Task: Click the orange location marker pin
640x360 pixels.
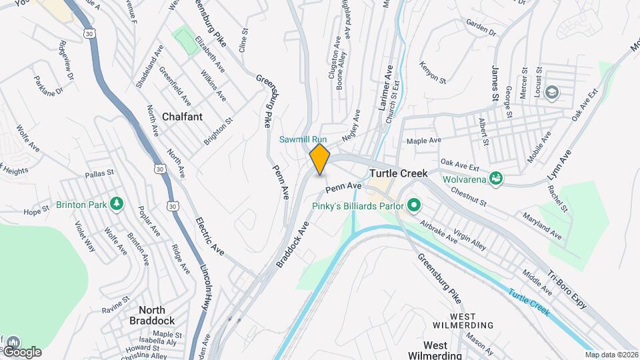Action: pyautogui.click(x=320, y=159)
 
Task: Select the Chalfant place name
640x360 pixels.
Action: pyautogui.click(x=182, y=116)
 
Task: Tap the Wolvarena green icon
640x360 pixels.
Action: pyautogui.click(x=495, y=178)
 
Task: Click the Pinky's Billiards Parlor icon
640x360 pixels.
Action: pyautogui.click(x=413, y=205)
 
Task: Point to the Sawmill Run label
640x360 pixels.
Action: pyautogui.click(x=303, y=139)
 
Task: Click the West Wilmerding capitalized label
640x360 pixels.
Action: pyautogui.click(x=471, y=320)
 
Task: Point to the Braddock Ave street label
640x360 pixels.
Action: pyautogui.click(x=294, y=245)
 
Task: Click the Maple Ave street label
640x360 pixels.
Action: pyautogui.click(x=424, y=141)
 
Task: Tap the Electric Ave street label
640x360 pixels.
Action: pyautogui.click(x=209, y=236)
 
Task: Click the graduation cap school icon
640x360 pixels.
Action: pyautogui.click(x=552, y=92)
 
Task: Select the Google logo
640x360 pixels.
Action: pyautogui.click(x=22, y=351)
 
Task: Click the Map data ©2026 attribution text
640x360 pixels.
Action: pyautogui.click(x=611, y=355)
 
